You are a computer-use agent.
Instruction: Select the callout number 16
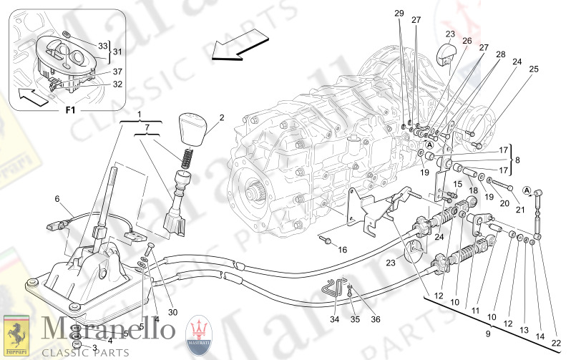pyautogui.click(x=342, y=250)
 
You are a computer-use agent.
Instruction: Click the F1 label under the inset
pyautogui.click(x=69, y=111)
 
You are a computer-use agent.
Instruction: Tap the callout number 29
pyautogui.click(x=399, y=14)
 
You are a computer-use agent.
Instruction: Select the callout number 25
pyautogui.click(x=533, y=69)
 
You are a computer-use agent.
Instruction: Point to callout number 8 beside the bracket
pyautogui.click(x=557, y=160)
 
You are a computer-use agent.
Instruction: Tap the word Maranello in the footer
pyautogui.click(x=108, y=330)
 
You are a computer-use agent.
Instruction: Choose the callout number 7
pyautogui.click(x=147, y=129)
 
